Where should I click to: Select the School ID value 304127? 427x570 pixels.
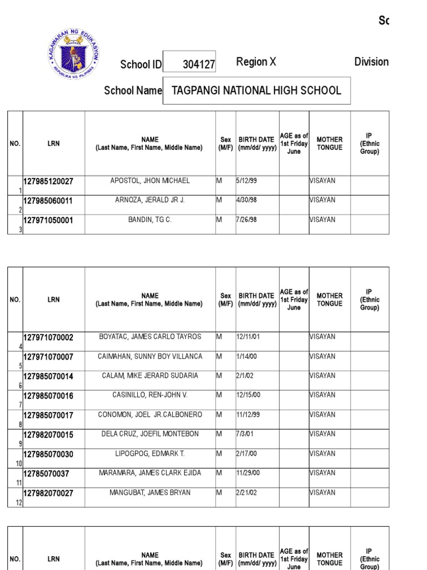198,65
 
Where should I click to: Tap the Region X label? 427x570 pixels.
256,62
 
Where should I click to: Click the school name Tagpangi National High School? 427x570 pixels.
256,91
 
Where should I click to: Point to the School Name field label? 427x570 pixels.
133,91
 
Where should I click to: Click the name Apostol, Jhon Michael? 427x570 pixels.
150,181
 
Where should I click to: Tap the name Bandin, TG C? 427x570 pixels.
150,220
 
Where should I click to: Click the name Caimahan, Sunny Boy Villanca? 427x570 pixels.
150,356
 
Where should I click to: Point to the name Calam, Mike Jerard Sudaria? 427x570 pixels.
150,376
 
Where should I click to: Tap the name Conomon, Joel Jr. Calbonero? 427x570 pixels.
150,415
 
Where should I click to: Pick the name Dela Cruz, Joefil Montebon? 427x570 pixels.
150,434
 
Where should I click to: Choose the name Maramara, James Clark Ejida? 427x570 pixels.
150,473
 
